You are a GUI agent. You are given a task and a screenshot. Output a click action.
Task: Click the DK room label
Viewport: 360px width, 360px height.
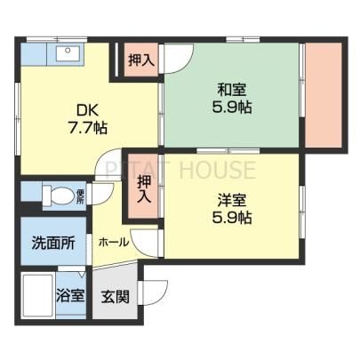click(x=87, y=110)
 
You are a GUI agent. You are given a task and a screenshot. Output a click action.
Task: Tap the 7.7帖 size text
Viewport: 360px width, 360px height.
click(x=88, y=128)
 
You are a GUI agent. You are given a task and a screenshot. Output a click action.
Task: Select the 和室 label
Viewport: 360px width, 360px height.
click(x=232, y=90)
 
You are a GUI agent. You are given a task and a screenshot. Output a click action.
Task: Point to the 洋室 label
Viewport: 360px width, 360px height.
click(x=232, y=200)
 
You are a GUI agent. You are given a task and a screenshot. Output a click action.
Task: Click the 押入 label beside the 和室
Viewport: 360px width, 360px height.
click(x=141, y=60)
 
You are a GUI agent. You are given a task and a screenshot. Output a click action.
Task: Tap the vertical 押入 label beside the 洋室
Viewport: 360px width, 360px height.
click(x=144, y=189)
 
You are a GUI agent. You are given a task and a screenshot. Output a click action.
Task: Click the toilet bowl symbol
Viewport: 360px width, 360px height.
click(x=59, y=195)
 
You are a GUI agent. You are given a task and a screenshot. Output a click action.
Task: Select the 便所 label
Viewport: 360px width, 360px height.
click(x=80, y=196)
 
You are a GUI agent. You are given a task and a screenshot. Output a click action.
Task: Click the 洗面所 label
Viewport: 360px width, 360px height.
click(x=53, y=244)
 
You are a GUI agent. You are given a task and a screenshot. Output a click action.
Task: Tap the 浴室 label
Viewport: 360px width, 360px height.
click(x=70, y=295)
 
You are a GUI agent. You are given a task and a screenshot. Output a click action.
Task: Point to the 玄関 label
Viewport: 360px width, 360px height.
click(x=116, y=297)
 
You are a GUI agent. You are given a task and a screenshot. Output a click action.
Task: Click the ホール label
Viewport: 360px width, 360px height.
click(x=114, y=243)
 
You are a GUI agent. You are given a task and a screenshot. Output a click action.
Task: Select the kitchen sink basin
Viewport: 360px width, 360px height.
click(x=68, y=53)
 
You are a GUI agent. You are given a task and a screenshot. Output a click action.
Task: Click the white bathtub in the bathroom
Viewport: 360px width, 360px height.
click(x=38, y=296)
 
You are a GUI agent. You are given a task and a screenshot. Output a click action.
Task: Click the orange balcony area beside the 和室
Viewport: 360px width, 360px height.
click(x=324, y=95)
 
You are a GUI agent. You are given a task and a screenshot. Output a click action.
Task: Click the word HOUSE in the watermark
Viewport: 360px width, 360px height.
click(x=218, y=169)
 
